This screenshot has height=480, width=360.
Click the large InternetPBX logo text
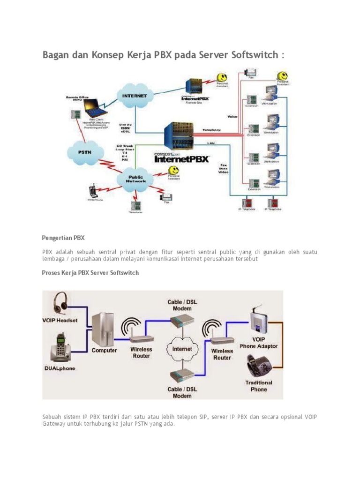182,159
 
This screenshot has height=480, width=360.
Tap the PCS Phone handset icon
93,191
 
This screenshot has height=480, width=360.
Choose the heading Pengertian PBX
63,238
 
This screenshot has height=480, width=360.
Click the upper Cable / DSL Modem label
182,305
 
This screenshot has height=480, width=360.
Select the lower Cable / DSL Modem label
182,392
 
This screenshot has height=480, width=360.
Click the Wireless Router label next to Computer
141,352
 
